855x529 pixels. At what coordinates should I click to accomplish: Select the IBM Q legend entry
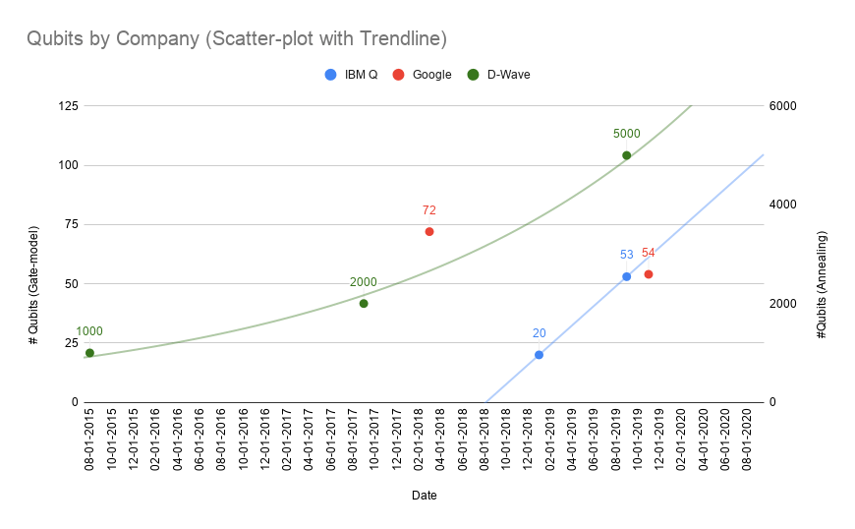(x=351, y=74)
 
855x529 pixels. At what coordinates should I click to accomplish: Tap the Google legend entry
(x=422, y=74)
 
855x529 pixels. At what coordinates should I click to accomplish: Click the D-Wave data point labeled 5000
(x=626, y=155)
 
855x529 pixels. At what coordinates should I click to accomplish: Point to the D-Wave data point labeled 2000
(x=364, y=303)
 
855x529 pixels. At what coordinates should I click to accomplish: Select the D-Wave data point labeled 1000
(x=89, y=352)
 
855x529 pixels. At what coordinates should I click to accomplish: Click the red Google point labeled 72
(x=429, y=231)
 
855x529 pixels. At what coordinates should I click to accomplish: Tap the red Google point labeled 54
(x=649, y=274)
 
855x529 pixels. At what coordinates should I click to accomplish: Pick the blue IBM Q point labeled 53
(x=626, y=276)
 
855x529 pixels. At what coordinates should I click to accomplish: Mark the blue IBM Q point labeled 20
(x=539, y=354)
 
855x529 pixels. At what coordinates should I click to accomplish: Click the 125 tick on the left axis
(x=69, y=106)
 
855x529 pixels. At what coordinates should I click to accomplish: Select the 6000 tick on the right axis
(x=782, y=106)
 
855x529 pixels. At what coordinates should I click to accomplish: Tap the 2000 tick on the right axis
(x=782, y=303)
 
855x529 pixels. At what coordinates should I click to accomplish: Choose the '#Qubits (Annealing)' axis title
(x=822, y=285)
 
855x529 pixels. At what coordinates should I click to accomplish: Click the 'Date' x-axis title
(x=425, y=496)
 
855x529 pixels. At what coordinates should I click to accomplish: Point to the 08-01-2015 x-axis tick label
(x=89, y=441)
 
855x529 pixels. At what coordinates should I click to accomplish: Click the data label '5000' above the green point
(x=626, y=134)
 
